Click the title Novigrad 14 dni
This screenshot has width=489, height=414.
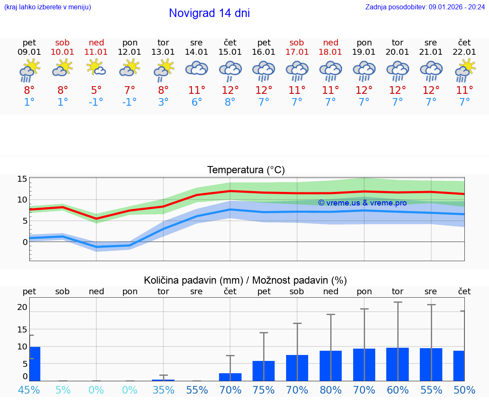(x=209, y=13)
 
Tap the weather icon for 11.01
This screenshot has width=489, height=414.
(x=96, y=68)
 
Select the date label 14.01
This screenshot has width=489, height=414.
(x=197, y=52)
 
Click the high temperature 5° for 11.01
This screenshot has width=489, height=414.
(x=96, y=90)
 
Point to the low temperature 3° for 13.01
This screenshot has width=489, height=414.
(x=163, y=102)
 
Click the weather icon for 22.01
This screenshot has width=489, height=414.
(x=465, y=70)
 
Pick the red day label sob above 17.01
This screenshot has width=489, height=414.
(x=297, y=43)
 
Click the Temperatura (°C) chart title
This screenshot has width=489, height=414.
(x=246, y=170)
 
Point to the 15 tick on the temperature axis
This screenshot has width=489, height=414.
(x=22, y=179)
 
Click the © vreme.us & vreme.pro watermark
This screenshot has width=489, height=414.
(x=363, y=203)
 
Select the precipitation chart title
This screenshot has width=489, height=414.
(x=245, y=280)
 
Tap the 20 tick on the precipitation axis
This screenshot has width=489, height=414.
(x=22, y=307)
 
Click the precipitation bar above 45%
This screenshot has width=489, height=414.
(x=35, y=364)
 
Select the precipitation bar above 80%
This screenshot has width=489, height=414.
(x=331, y=366)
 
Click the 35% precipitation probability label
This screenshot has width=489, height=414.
(x=163, y=390)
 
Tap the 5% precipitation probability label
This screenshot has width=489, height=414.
(x=63, y=390)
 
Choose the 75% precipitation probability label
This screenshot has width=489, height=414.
(x=264, y=390)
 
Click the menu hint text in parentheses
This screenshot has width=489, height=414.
(x=48, y=7)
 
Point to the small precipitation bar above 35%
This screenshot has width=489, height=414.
(x=163, y=380)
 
